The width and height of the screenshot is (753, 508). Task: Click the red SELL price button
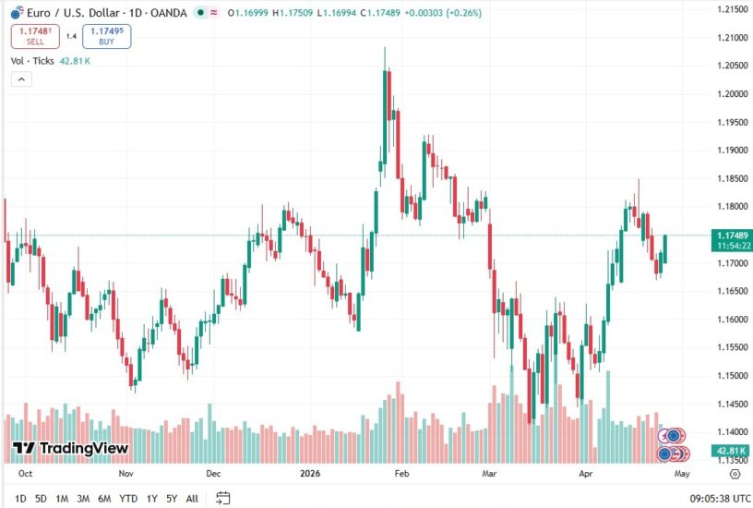pos(34,36)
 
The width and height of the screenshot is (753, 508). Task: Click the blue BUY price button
pos(106,36)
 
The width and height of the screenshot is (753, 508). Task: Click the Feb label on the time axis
pos(400,473)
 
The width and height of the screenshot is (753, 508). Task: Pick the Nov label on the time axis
pos(126,473)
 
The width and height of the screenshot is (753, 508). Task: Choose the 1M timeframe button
pos(62,499)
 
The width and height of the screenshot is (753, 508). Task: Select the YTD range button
pos(127,499)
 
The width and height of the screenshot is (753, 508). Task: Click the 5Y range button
pos(171,499)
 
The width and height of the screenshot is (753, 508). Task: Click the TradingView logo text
pos(71,448)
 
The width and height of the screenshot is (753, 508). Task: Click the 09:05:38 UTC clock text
pos(702,499)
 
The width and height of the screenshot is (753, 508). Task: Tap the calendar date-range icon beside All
pos(222,499)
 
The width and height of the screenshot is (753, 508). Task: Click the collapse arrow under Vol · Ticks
pos(20,79)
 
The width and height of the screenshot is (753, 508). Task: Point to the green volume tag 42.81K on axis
pos(733,450)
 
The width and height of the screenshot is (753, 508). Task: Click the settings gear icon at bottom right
pos(735,473)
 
